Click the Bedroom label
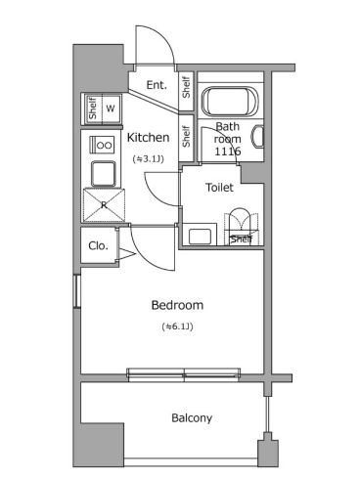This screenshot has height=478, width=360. pos(177,305)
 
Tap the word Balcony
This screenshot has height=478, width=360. pos(192,417)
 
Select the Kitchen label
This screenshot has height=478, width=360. pos(148,138)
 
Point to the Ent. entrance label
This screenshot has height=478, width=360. pos(157,85)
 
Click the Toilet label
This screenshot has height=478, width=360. pos(219,188)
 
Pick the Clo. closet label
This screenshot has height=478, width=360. pos(98,245)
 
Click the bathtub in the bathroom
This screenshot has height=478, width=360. pos(230,101)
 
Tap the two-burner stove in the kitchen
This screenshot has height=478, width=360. pos(102,145)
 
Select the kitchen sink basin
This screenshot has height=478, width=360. pos(104,174)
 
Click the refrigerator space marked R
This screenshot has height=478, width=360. pos(104,205)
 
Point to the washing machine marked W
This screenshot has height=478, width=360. pos(111,109)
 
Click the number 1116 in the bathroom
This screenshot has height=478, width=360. pos(228,152)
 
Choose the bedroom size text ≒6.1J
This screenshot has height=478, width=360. pos(177,326)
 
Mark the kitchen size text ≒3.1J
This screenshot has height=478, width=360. pos(148,158)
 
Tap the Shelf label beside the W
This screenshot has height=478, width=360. pos(93,109)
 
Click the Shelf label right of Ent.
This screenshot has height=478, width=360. pos(186,87)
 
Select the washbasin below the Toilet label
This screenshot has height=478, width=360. pos(200,236)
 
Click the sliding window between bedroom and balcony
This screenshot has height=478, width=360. pos(184,373)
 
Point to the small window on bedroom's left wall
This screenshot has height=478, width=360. pos(77,291)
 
